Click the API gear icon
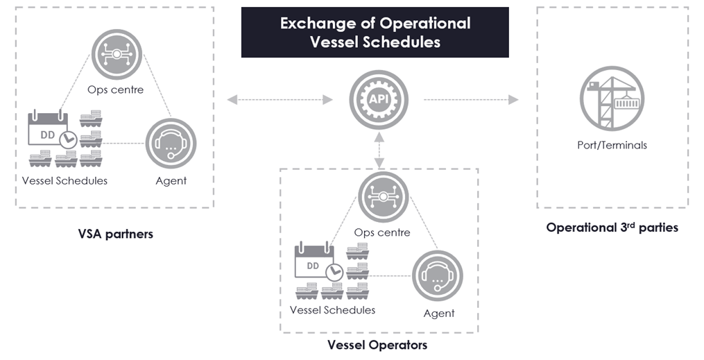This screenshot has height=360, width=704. click(379, 99)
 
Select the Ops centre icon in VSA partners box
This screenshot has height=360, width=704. click(117, 54)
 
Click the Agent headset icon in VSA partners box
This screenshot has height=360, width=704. click(171, 144)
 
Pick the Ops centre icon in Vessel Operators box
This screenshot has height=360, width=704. click(384, 197)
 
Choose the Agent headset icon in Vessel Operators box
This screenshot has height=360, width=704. click(438, 275)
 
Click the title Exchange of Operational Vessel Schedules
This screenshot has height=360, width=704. click(375, 33)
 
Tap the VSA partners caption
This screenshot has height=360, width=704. click(115, 234)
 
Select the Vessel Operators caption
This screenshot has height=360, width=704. click(377, 345)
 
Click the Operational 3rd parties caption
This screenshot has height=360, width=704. click(612, 227)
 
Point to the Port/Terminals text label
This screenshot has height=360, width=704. click(612, 145)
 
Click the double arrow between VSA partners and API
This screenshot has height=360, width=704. click(280, 100)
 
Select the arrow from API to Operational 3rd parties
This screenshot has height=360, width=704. click(471, 100)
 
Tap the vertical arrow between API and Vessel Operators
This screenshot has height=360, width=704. click(380, 151)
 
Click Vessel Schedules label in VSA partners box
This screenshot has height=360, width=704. click(65, 180)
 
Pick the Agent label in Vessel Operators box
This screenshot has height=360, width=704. click(439, 314)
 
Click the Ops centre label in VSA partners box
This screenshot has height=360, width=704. click(115, 89)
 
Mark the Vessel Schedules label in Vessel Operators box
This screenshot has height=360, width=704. click(332, 310)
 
